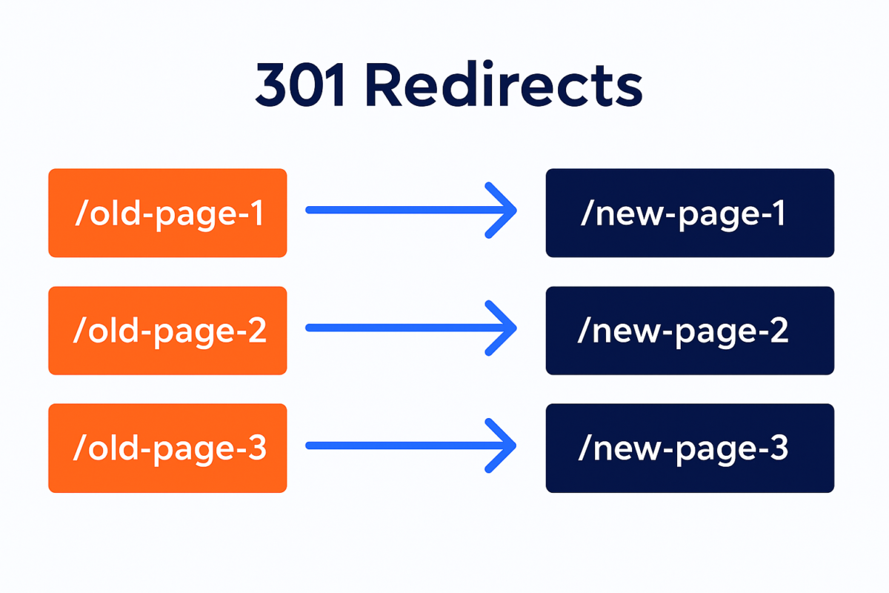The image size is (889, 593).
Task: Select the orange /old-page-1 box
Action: click(167, 213)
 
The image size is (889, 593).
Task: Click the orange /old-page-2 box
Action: click(167, 331)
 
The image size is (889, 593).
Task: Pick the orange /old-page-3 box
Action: click(167, 448)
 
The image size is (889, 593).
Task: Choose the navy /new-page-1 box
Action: click(690, 213)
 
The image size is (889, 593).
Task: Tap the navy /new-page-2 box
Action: click(690, 331)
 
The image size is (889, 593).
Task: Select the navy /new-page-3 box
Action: click(690, 448)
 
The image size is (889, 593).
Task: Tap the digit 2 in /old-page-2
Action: click(256, 331)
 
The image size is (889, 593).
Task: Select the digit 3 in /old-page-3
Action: click(256, 449)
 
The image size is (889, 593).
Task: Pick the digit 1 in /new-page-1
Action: click(776, 213)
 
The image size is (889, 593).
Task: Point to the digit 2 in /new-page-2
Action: click(778, 331)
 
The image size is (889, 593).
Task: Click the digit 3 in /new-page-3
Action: click(778, 449)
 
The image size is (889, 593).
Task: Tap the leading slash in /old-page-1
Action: click(81, 213)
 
